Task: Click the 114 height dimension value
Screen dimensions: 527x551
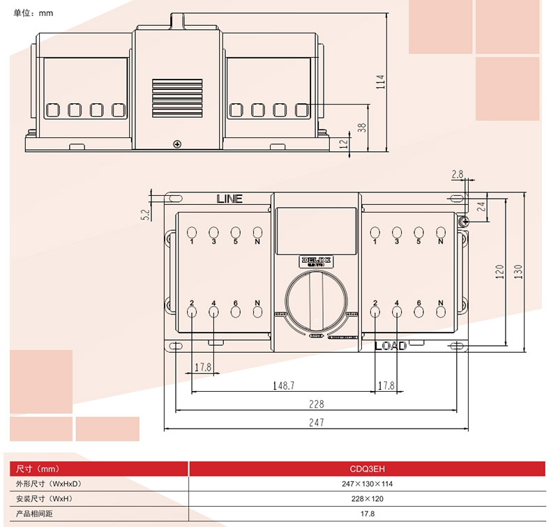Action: (380, 82)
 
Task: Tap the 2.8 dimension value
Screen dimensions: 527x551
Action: (458, 174)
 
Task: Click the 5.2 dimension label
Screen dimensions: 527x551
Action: (145, 215)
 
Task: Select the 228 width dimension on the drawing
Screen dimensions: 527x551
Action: (317, 404)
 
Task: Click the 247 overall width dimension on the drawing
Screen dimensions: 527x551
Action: (317, 422)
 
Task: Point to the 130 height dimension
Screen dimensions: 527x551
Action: (518, 271)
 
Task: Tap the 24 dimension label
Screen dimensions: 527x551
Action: (481, 206)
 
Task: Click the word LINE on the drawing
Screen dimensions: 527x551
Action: (229, 199)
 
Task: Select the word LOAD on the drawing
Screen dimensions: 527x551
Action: (391, 346)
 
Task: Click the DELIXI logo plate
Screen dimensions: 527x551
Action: (317, 261)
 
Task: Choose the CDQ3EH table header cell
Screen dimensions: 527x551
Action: (367, 468)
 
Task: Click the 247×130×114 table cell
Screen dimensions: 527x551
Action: (367, 484)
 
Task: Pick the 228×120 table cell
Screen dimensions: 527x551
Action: (367, 499)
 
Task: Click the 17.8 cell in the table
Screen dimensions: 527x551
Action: (367, 514)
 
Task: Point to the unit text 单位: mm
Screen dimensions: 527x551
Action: (33, 13)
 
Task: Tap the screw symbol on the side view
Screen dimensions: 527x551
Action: (177, 144)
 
